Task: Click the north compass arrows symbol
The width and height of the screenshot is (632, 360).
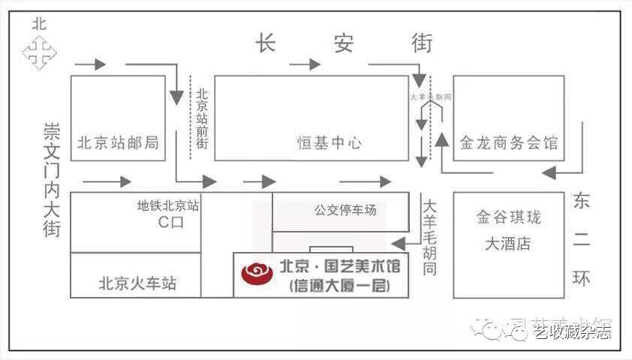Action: (x=39, y=52)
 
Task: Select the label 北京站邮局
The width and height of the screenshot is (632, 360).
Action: (x=118, y=143)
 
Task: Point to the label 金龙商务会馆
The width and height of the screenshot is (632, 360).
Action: (x=508, y=142)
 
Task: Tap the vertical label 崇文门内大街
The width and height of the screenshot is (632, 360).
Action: (x=52, y=180)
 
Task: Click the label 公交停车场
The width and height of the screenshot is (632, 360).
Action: (x=345, y=210)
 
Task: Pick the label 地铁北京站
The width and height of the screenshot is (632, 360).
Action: (x=168, y=205)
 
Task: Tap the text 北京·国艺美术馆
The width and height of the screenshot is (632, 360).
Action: (x=340, y=266)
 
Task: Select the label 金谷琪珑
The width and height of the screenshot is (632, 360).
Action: (x=508, y=217)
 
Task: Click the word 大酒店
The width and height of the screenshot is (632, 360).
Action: (x=508, y=244)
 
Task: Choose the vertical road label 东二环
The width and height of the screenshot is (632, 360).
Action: (x=582, y=240)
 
